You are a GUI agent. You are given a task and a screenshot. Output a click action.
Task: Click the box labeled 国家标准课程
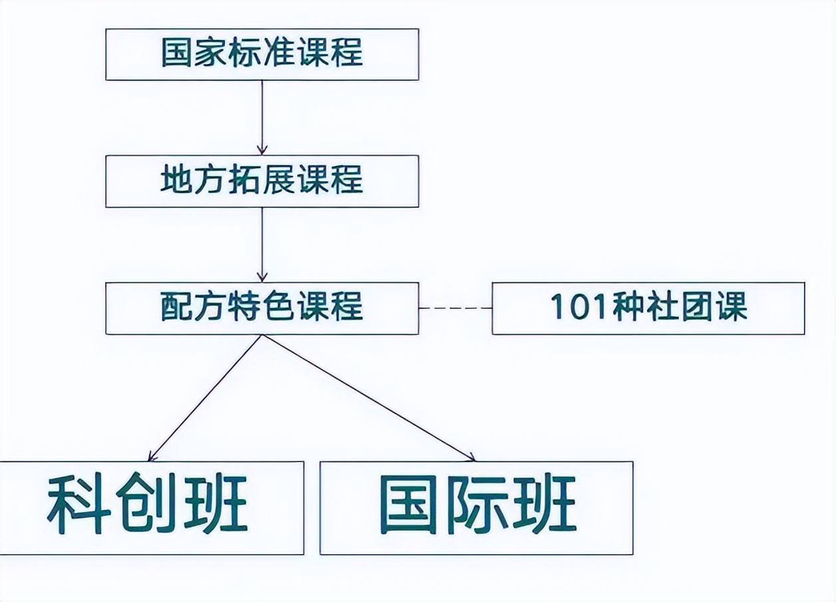coord(262,54)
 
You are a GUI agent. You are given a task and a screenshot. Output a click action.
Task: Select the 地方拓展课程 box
coord(262,180)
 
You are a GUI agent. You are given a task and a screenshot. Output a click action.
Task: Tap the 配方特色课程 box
coord(262,308)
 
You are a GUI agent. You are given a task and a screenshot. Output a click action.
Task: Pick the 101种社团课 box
coord(648,308)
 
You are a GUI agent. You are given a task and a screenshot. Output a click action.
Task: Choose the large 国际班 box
coord(476,507)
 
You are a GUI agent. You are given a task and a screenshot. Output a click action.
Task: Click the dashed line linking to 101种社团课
coord(455,308)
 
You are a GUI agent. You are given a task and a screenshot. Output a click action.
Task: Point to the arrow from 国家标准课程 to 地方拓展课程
coord(262,117)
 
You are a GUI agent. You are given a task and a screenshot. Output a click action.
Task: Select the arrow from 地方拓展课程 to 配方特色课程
coord(262,244)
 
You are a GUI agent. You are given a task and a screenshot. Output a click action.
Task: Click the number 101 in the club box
coord(573,308)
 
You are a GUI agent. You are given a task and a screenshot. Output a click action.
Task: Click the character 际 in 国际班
coord(477,505)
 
